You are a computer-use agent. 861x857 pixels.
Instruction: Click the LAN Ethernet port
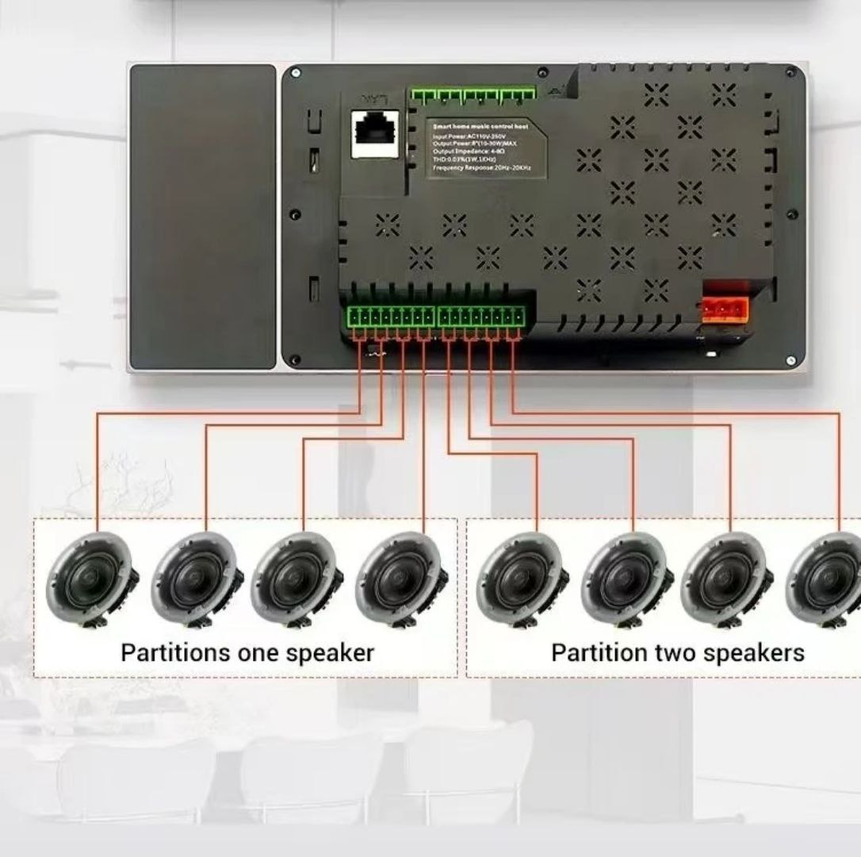(374, 132)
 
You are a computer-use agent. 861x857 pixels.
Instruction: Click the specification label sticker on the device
(486, 148)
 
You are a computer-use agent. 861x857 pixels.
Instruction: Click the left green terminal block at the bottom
(389, 317)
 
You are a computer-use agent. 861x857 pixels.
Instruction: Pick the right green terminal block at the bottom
(482, 317)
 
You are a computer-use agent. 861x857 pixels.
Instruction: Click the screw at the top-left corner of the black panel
(295, 73)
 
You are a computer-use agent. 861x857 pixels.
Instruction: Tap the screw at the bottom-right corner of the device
(790, 360)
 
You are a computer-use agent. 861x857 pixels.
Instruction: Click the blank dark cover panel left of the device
(203, 217)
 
